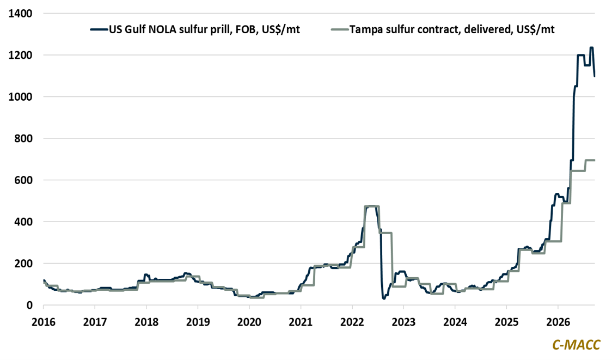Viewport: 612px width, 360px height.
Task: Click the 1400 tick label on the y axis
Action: click(20, 14)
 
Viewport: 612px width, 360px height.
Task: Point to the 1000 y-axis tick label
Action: click(20, 97)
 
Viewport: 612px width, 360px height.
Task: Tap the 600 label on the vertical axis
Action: click(23, 180)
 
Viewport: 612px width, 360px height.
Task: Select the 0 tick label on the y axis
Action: click(29, 305)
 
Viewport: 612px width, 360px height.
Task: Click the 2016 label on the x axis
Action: click(44, 322)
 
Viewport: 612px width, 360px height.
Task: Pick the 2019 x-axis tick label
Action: click(198, 322)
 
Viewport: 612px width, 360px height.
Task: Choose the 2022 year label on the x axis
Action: click(352, 322)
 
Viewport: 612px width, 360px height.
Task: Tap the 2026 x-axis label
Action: click(558, 322)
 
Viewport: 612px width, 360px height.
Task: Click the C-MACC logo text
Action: click(576, 345)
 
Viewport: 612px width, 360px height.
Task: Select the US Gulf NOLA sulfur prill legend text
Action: click(205, 29)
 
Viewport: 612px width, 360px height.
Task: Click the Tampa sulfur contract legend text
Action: click(452, 29)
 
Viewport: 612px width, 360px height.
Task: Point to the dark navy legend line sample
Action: click(99, 29)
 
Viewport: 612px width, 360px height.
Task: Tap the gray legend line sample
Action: click(340, 29)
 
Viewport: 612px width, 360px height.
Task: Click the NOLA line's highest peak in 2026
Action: click(591, 47)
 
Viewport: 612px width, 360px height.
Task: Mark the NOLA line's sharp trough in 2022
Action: click(384, 298)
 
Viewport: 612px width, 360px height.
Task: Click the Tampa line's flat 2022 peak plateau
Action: click(371, 206)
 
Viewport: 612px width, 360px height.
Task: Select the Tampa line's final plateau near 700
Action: click(590, 160)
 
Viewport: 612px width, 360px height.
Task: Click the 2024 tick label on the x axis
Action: click(455, 322)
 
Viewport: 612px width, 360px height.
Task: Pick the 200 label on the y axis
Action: click(23, 264)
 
